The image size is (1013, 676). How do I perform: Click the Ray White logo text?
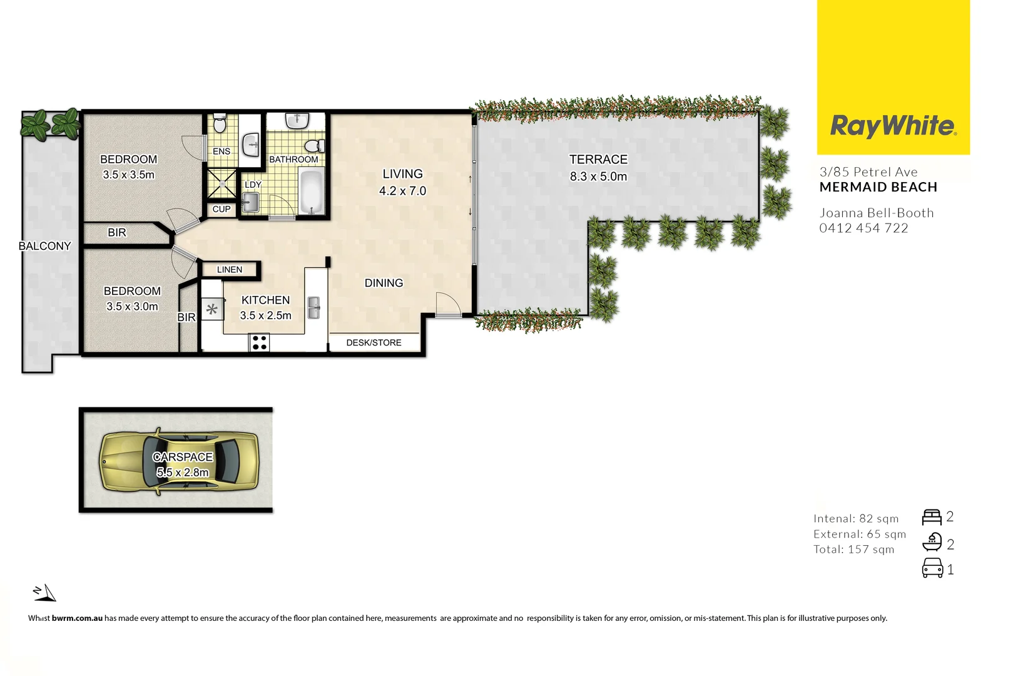point(893,126)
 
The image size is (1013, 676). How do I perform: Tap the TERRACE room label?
point(598,160)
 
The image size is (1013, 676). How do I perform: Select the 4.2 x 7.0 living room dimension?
point(402,191)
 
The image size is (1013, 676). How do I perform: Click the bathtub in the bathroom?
point(311,192)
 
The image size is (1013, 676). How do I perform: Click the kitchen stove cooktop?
point(259,342)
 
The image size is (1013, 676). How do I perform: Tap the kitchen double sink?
point(313,307)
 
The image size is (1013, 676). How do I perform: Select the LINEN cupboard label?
point(229,270)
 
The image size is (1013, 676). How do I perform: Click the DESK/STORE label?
point(374,342)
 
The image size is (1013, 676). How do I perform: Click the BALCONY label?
point(44,246)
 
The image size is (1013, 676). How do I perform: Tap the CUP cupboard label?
point(221,209)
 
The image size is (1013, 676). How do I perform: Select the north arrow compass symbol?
point(45,592)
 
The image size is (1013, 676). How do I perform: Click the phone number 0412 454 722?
point(863,228)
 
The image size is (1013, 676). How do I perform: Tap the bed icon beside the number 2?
point(931,517)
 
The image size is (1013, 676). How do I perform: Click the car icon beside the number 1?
point(932,568)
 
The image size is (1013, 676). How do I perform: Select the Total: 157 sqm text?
point(853,550)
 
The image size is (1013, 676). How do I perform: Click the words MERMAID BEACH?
point(878,187)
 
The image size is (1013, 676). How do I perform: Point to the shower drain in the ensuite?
point(221,183)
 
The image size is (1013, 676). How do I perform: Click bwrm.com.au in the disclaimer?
point(77,618)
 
